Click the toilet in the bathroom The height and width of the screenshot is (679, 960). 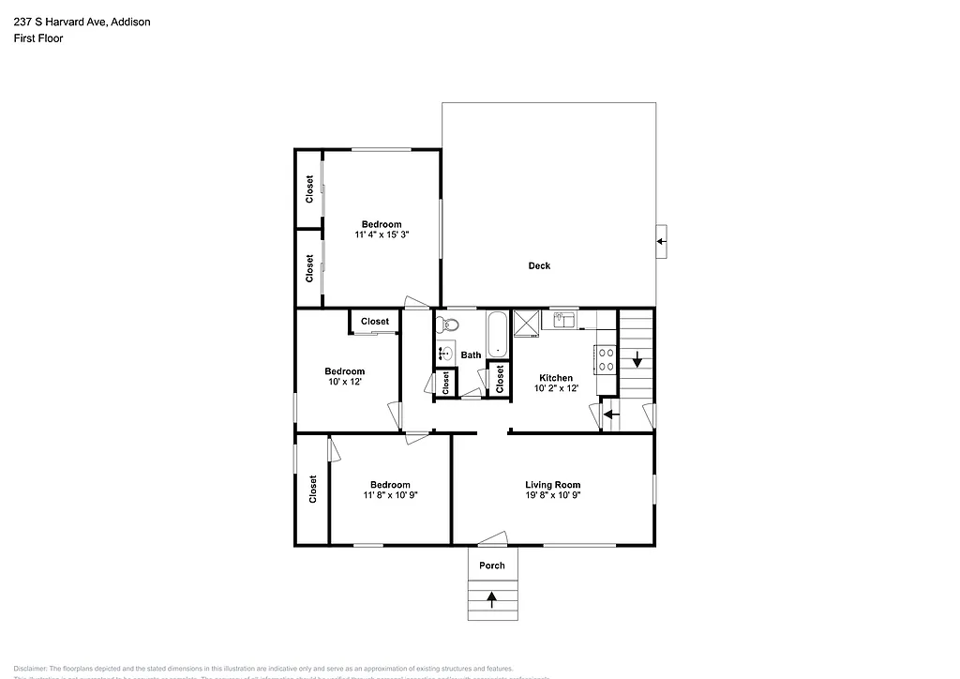pos(449,325)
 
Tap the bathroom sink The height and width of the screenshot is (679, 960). pos(445,354)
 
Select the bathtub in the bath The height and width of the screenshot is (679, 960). pos(496,335)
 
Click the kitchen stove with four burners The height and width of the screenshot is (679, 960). pos(606,359)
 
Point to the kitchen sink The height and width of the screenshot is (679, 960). pos(563,321)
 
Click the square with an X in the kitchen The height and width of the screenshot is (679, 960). pos(526,323)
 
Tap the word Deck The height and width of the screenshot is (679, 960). pos(539,265)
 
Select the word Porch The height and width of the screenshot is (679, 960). pos(492,565)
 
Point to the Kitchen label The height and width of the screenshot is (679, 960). pos(556,378)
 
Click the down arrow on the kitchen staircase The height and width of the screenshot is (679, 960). pos(637,358)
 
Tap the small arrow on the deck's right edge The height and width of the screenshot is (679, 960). pos(661,242)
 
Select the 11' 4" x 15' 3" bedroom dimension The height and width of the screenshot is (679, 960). pos(382,234)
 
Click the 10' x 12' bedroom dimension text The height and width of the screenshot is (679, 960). pos(344,382)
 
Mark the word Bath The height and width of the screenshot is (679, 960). pos(471,355)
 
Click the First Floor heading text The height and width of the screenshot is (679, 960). pos(38,38)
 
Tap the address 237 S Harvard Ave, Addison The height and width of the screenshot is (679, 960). pos(82,21)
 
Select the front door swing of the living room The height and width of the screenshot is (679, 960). pos(491,538)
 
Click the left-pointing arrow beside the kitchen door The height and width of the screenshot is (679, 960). pos(610,414)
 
